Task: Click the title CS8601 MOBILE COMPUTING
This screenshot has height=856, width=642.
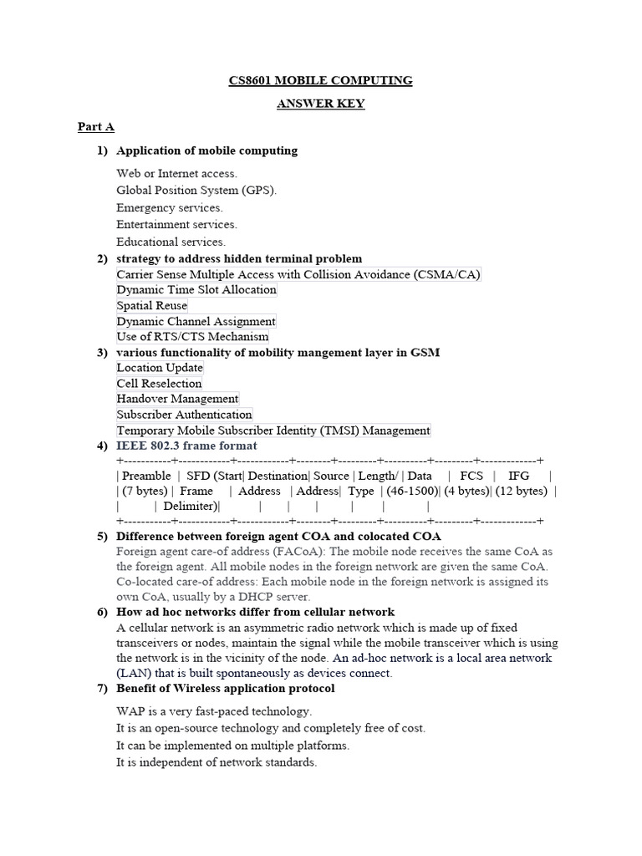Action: [x=320, y=81]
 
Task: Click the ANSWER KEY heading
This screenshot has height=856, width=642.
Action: [x=320, y=104]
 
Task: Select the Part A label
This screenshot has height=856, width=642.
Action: [x=95, y=127]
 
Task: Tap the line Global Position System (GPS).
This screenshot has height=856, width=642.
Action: [x=196, y=190]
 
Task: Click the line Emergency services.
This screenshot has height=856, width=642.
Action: [x=170, y=207]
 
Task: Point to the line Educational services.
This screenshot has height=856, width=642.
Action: [x=171, y=242]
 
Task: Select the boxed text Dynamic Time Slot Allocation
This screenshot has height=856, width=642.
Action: [x=196, y=290]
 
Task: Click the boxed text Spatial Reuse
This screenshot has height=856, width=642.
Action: [x=152, y=306]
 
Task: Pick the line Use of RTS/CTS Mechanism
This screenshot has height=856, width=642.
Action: [x=192, y=337]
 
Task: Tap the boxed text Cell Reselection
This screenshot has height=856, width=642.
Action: [x=159, y=384]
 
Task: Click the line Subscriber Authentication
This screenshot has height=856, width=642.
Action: [x=184, y=415]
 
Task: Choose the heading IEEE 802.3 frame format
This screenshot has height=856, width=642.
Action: [x=186, y=446]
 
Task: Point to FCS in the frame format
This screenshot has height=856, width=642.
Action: [x=471, y=475]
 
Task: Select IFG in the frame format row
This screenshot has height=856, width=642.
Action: [x=519, y=475]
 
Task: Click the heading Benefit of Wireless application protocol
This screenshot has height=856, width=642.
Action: [x=225, y=688]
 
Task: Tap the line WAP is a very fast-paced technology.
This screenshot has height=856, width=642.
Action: [x=214, y=711]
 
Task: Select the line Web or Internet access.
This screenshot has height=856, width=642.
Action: [x=176, y=173]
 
